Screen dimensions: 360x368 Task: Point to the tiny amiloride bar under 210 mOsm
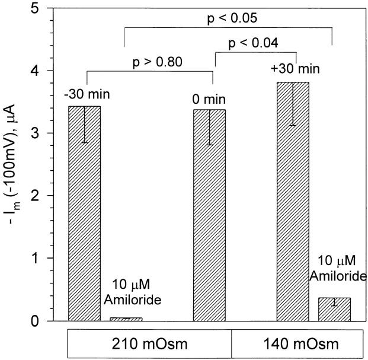point(126,319)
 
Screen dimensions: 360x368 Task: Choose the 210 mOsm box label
point(148,343)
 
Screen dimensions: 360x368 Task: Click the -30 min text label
point(84,94)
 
